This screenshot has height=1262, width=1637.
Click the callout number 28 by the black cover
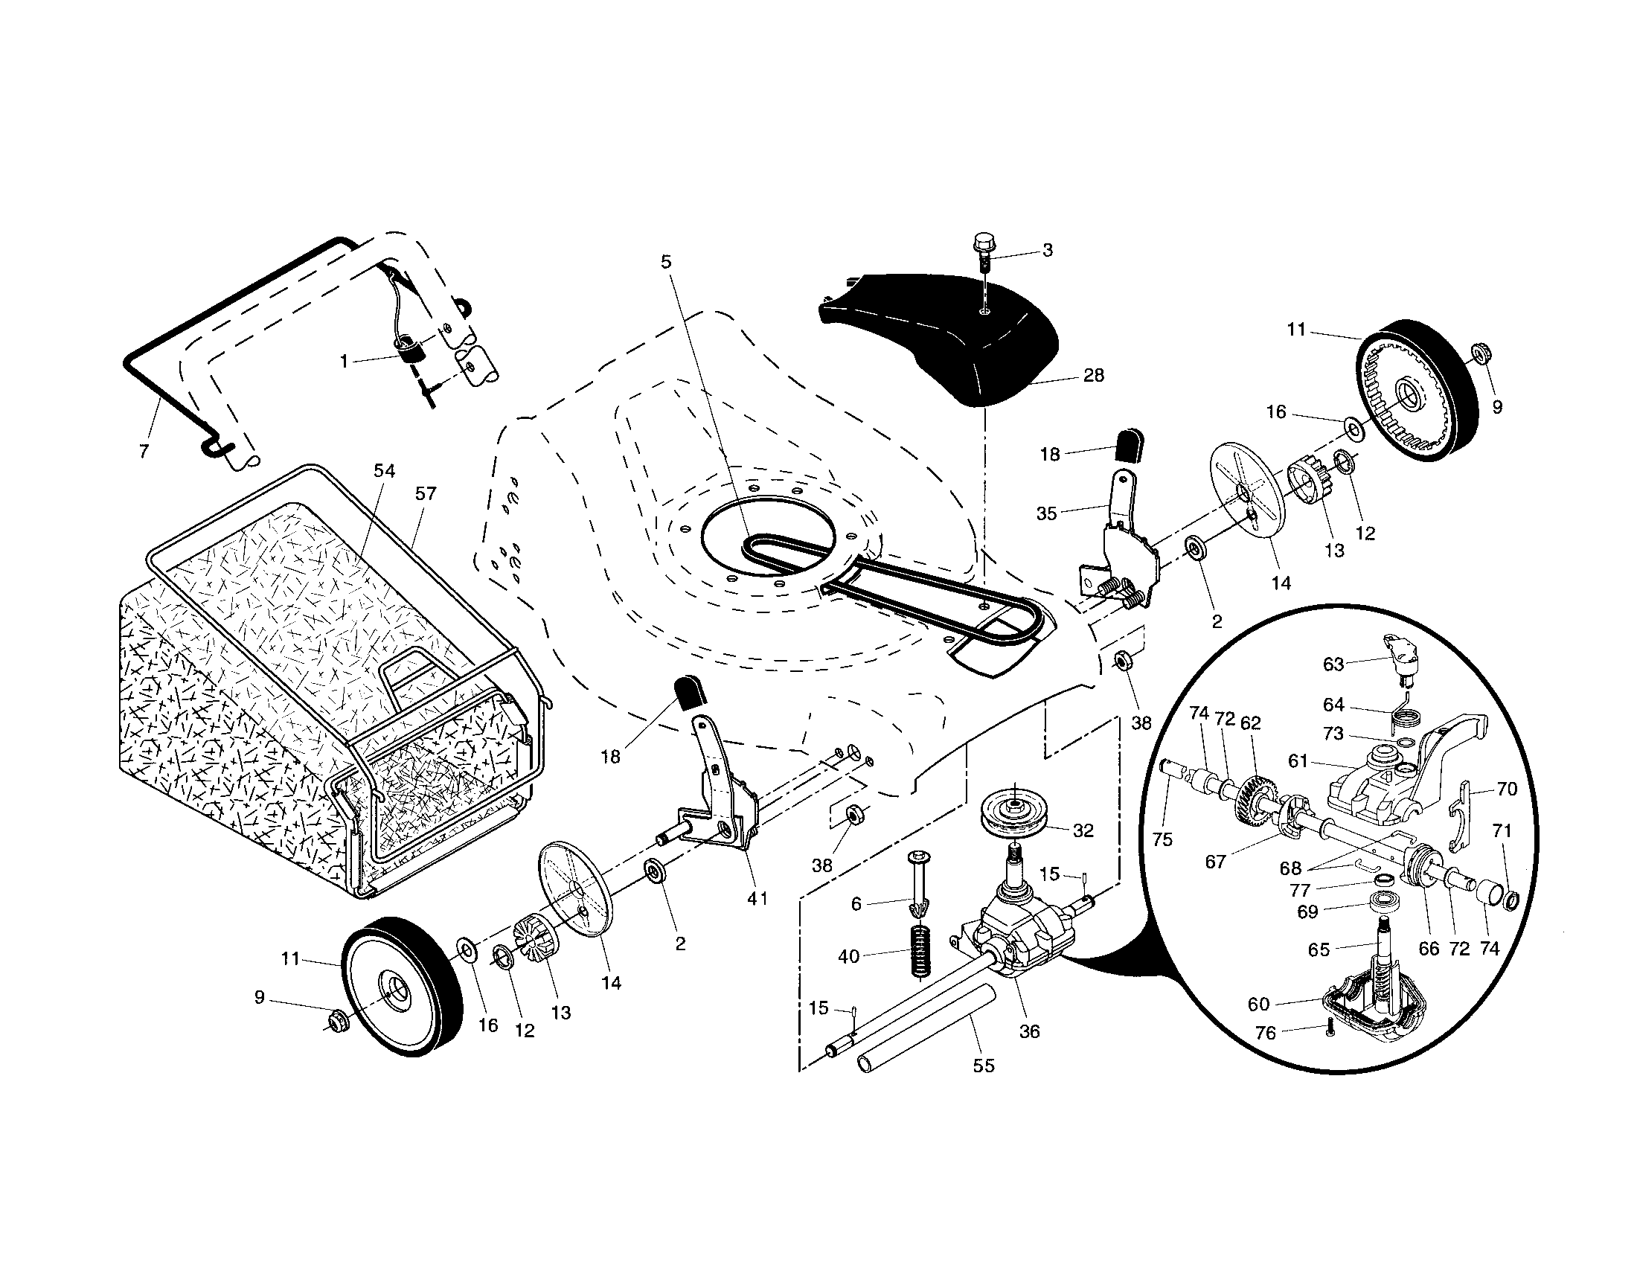(x=1094, y=376)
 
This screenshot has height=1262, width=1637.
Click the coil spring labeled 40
(x=921, y=950)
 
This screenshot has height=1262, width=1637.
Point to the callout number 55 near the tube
(x=984, y=1065)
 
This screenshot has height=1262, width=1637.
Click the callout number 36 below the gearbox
(x=1030, y=1031)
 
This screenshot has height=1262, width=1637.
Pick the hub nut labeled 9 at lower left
(x=337, y=1020)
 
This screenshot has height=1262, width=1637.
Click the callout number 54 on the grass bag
(x=384, y=470)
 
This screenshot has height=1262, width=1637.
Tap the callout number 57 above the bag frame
(x=426, y=493)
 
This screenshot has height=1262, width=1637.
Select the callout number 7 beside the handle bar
(x=144, y=451)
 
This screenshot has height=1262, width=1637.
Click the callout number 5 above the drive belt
(x=666, y=261)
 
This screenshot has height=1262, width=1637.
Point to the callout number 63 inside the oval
(x=1333, y=663)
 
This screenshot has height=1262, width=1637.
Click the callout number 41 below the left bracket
(x=757, y=898)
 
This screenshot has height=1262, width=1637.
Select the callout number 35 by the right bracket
(x=1046, y=513)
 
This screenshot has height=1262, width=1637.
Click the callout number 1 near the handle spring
(x=344, y=362)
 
